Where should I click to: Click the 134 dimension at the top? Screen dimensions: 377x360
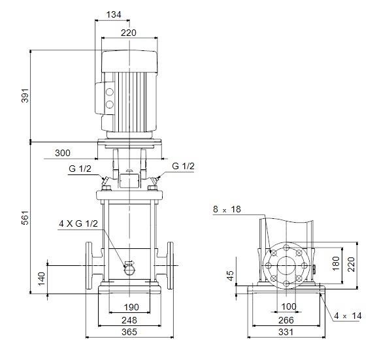(114, 14)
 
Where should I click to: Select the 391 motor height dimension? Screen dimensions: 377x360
(25, 95)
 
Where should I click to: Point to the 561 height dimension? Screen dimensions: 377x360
(25, 218)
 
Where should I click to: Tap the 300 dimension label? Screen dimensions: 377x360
(63, 153)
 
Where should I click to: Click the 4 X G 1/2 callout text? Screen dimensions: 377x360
(78, 223)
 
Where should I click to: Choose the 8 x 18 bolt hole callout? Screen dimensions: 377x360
(227, 209)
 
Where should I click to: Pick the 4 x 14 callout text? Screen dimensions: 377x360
(348, 316)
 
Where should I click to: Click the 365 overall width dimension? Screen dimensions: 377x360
(129, 332)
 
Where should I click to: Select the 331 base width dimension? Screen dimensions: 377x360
(286, 332)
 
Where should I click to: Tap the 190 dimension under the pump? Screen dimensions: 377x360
(131, 307)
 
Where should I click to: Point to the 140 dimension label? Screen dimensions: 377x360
(42, 279)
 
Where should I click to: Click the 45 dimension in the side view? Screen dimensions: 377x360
(230, 276)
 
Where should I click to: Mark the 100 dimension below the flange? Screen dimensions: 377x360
(289, 306)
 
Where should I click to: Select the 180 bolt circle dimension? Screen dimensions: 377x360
(336, 263)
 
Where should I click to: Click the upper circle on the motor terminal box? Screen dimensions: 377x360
(109, 92)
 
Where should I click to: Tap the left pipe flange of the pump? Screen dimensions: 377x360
(89, 265)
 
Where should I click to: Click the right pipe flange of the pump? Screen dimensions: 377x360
(171, 265)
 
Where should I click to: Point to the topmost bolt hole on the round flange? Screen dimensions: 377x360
(286, 248)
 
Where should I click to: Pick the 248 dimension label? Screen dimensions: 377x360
(129, 320)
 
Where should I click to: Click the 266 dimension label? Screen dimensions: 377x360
(286, 320)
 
